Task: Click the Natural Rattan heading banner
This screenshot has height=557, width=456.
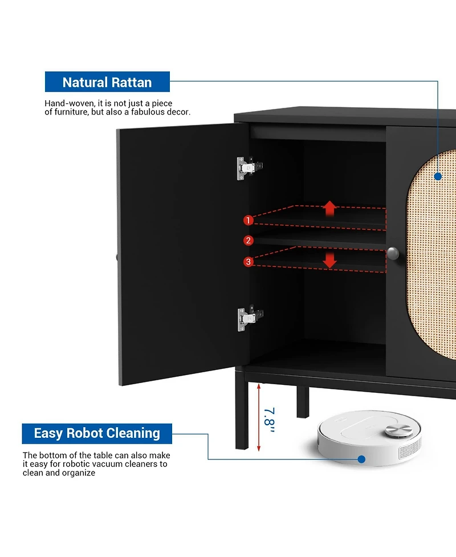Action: [107, 82]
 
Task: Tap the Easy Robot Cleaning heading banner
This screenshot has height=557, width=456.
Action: [97, 433]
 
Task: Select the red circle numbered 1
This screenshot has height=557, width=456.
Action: [249, 220]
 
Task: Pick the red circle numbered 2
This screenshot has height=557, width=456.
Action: [249, 241]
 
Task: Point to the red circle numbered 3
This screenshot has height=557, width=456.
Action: [249, 262]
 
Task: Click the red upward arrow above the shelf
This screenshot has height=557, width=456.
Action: [330, 208]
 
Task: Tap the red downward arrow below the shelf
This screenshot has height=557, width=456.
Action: [330, 261]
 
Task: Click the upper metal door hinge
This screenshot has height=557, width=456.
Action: [249, 168]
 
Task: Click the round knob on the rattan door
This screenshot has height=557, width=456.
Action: [393, 253]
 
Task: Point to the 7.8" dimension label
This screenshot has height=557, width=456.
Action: [270, 420]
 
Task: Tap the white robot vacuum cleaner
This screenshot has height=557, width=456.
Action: [369, 438]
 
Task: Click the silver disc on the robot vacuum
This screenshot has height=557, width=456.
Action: [399, 430]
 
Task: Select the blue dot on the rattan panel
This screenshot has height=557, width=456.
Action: [438, 176]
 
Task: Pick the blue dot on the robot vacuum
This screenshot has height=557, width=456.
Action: [361, 460]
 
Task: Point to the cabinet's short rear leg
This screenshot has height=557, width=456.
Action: [303, 402]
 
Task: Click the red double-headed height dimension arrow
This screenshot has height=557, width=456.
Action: [259, 417]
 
